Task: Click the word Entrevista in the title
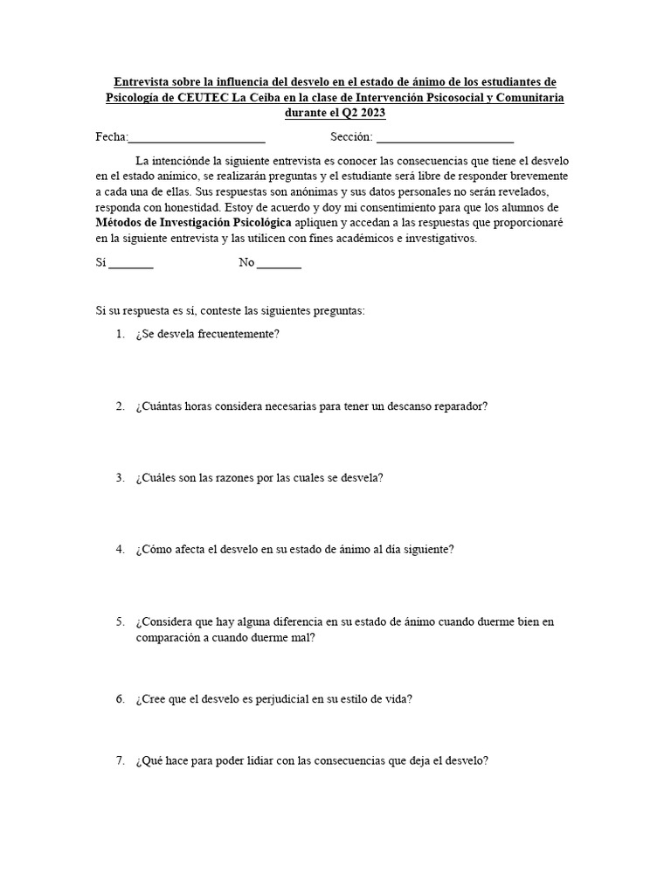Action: pos(144,81)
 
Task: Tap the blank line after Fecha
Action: pos(197,138)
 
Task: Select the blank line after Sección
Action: pos(445,138)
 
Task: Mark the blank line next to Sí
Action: pos(131,263)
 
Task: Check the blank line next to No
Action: pos(279,263)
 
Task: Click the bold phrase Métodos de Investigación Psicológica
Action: pos(193,223)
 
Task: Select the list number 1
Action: pos(120,335)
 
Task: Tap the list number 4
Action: pos(120,550)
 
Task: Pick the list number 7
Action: pos(120,761)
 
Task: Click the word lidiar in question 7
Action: pos(250,761)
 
